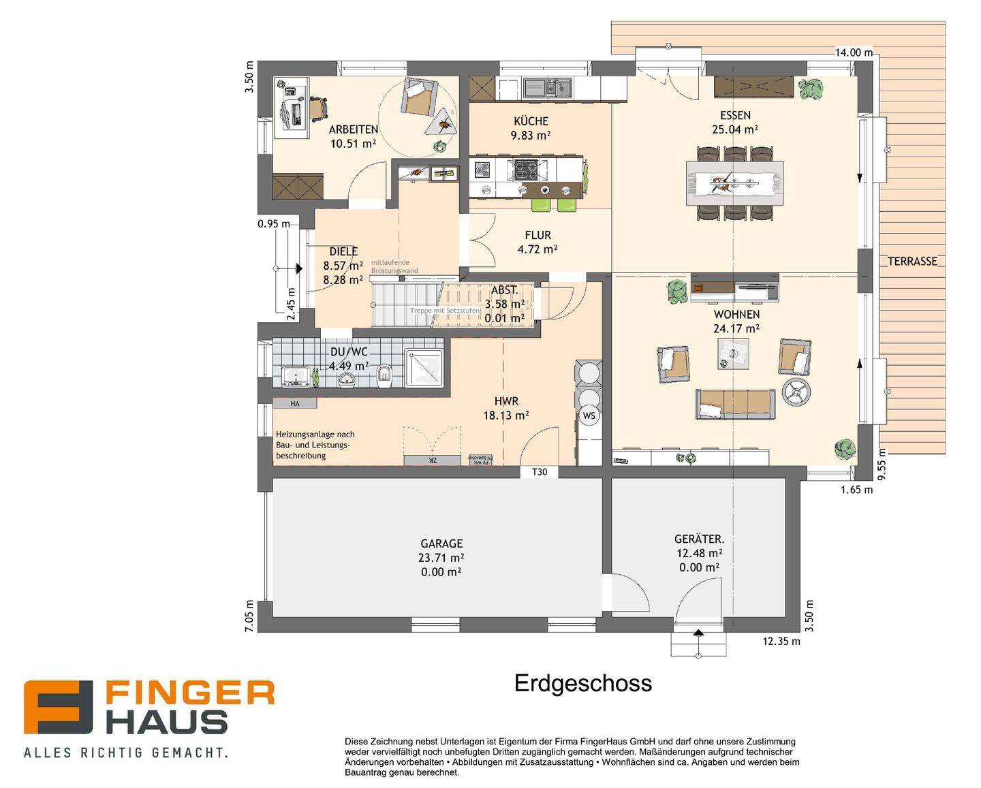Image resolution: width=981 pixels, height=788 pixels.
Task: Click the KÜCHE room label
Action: coord(531,121)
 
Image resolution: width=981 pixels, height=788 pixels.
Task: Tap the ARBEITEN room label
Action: coord(353,129)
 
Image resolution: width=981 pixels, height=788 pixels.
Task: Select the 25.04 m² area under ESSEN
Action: coord(735,129)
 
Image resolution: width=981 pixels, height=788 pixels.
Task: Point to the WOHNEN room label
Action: coord(736,315)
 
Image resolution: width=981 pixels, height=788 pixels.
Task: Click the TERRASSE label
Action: coord(912,262)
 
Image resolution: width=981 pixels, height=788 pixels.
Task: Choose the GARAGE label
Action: coord(441,543)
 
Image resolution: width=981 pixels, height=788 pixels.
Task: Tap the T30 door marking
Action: coord(539,472)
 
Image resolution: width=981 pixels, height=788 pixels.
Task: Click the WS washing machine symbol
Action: coord(589,415)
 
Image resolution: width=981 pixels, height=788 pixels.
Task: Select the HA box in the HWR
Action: coord(295,404)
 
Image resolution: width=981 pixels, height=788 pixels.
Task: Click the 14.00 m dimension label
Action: coord(854,52)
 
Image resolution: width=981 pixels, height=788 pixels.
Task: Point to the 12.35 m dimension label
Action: coord(781,642)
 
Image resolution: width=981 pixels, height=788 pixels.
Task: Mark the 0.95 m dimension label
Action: coord(274,223)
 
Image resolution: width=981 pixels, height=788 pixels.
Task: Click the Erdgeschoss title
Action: coord(583,683)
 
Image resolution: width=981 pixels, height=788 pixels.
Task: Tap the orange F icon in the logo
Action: coord(58,708)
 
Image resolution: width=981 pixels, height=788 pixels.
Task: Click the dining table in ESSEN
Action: coord(734,183)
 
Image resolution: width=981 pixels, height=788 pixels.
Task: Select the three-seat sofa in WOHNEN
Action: coord(734,404)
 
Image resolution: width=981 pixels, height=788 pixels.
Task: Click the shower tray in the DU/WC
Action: coord(424,368)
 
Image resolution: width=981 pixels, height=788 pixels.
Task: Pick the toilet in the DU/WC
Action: coord(384,374)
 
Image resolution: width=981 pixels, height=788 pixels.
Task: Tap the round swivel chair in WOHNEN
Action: coord(796,392)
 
